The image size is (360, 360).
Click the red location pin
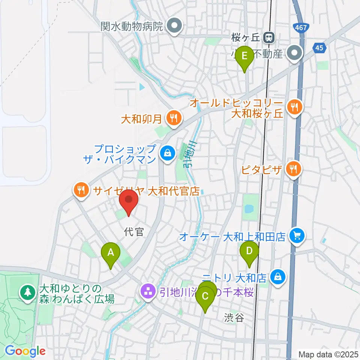[x=129, y=201]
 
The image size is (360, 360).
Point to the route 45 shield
[x=319, y=48]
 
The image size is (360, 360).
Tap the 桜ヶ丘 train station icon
[x=268, y=37]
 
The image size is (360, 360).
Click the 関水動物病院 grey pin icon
[x=174, y=26]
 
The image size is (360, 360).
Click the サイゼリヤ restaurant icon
[x=82, y=190]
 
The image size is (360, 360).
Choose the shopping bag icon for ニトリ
[x=277, y=277]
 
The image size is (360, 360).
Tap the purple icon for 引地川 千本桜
[x=148, y=291]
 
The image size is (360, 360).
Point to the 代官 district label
[x=134, y=232]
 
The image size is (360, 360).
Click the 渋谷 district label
[x=235, y=318]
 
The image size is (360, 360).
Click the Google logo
[x=25, y=351]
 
